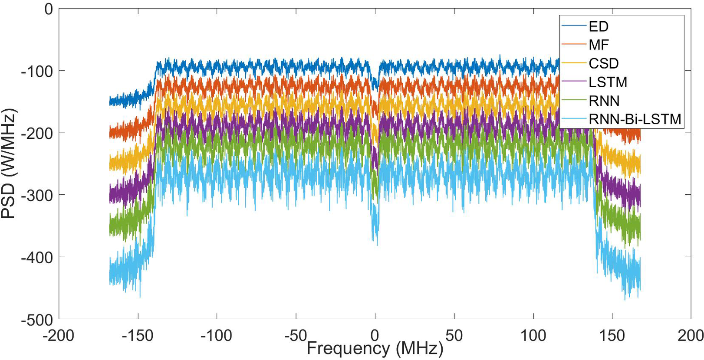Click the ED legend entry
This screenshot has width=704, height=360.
tap(598, 26)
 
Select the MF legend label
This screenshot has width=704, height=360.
tap(599, 45)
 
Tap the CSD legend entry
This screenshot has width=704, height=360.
tap(603, 63)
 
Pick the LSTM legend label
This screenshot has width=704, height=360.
tap(608, 82)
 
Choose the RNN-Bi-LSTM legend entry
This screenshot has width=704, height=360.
tap(635, 119)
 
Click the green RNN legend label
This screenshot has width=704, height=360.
tap(604, 101)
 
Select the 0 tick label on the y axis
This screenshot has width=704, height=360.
tap(49, 9)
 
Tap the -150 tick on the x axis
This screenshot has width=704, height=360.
tap(138, 335)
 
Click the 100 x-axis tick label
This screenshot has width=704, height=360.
tap(533, 335)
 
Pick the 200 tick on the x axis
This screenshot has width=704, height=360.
tap(690, 335)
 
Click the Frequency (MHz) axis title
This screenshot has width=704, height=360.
tap(375, 349)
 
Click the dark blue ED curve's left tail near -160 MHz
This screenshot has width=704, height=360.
tap(126, 99)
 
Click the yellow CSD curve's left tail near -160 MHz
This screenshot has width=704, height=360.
tap(126, 163)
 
